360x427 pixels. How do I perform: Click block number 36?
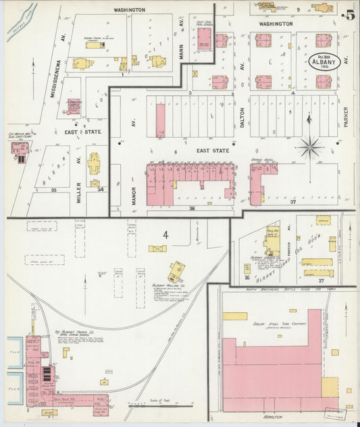click(x=192, y=209)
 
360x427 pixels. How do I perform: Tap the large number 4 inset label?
click(x=165, y=235)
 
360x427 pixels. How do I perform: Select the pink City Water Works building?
click(x=20, y=149)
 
